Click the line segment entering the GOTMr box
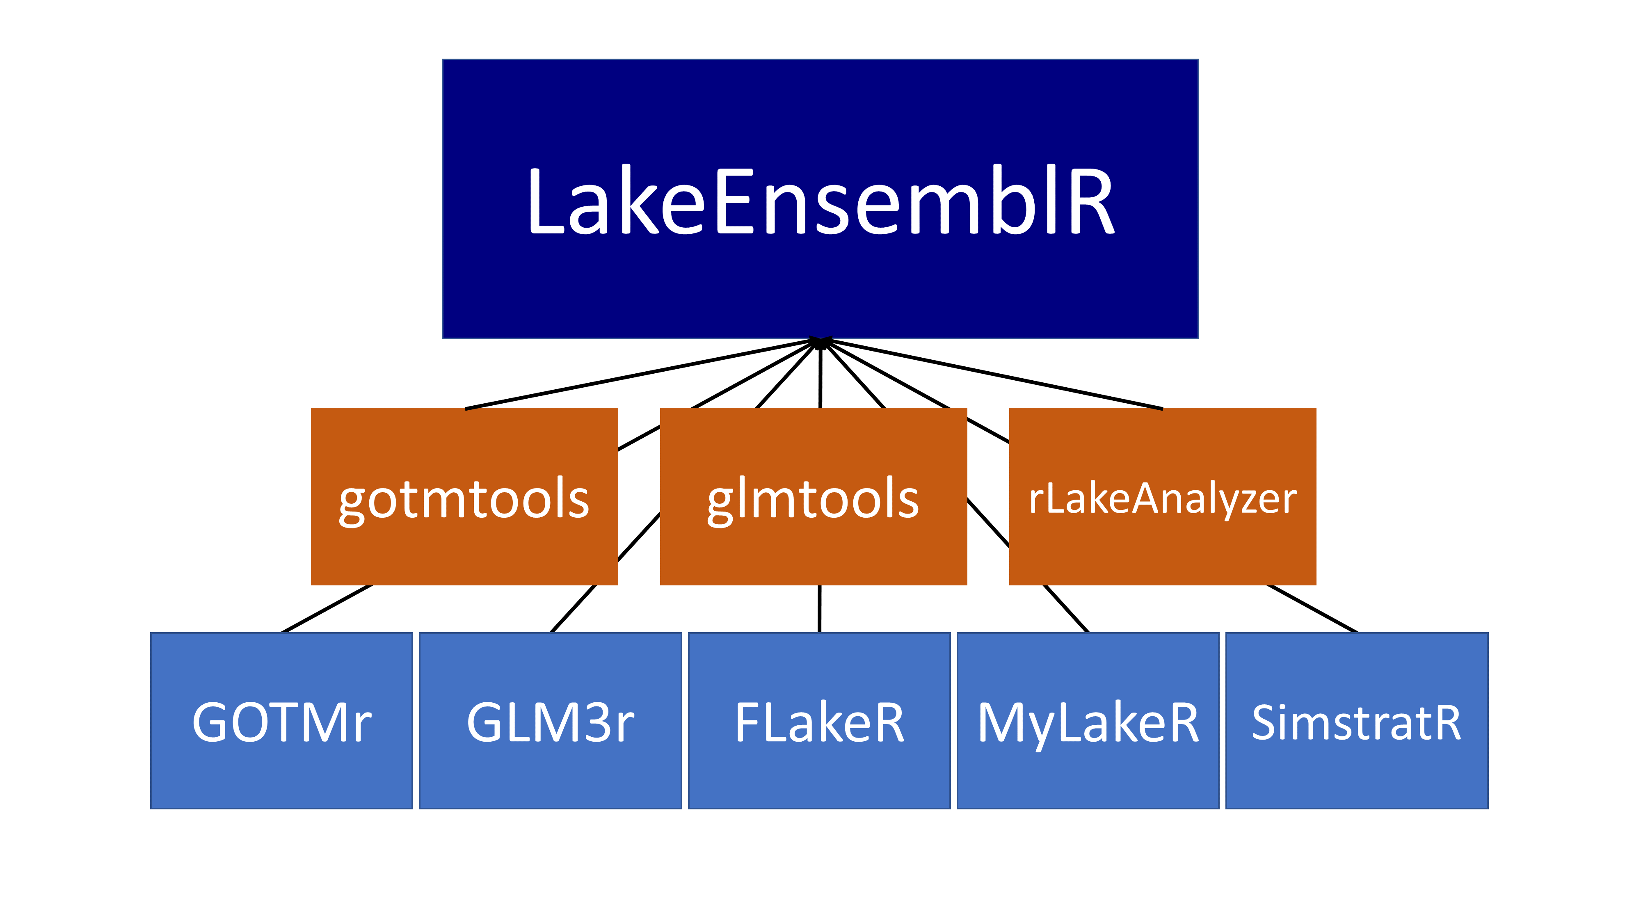(326, 608)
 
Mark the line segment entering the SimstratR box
(1312, 608)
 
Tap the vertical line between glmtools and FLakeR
(819, 608)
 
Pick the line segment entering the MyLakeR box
(1066, 608)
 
